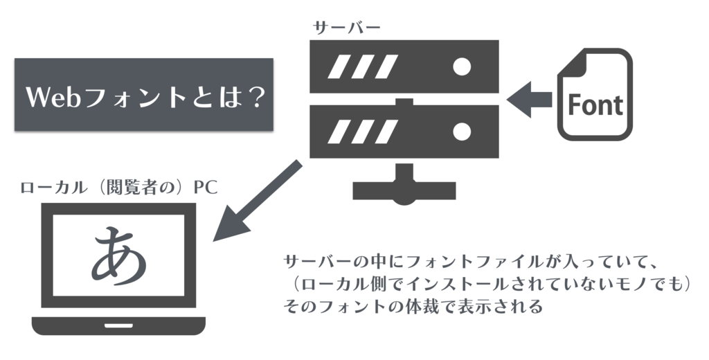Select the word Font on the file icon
point(595,105)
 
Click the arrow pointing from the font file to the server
point(530,100)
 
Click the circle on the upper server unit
point(461,66)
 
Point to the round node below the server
point(404,197)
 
